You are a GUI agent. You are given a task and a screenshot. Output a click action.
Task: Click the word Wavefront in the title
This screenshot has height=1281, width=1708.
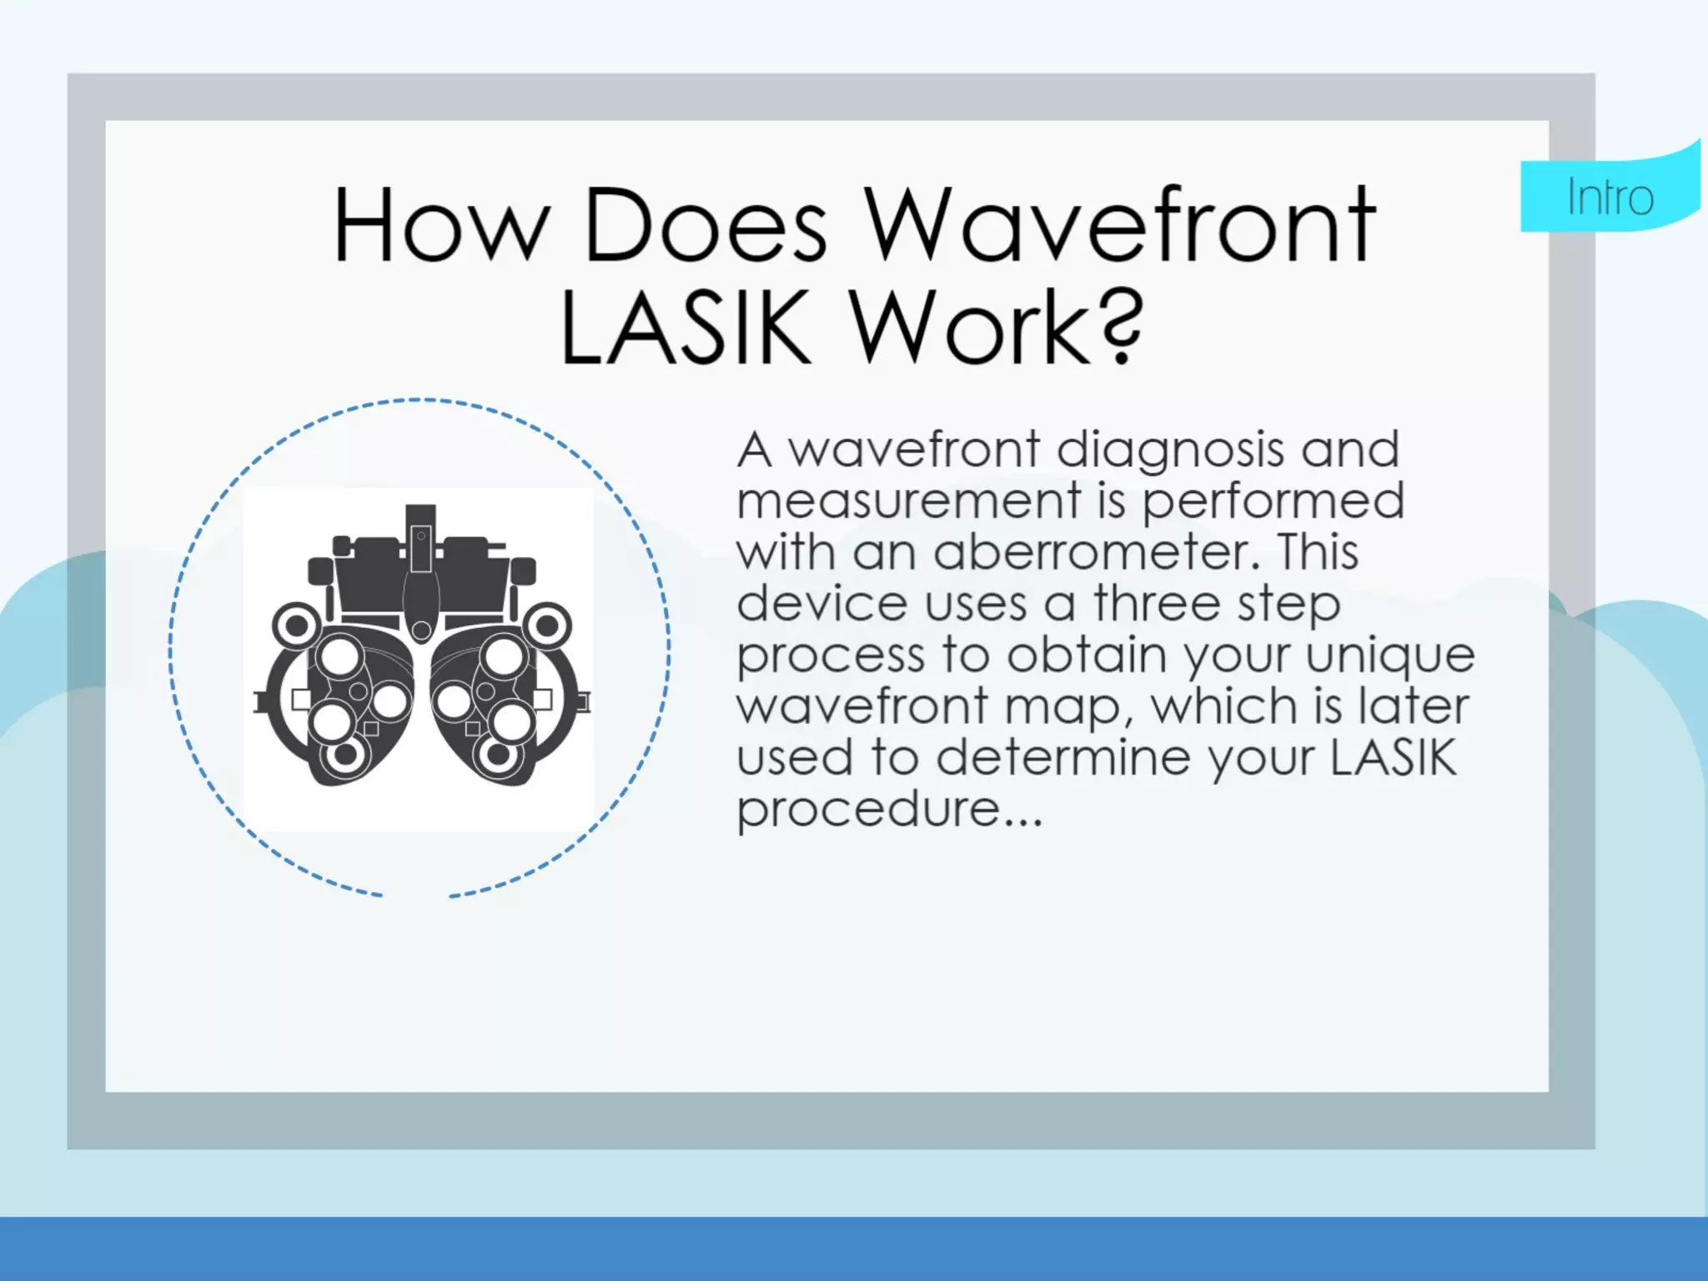pos(1119,225)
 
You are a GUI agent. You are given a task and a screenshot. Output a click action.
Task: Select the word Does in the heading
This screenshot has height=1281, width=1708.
pos(706,225)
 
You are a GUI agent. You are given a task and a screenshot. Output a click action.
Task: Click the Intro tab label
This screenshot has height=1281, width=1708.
pos(1610,198)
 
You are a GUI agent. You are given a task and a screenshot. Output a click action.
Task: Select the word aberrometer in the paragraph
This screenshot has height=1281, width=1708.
pos(1098,552)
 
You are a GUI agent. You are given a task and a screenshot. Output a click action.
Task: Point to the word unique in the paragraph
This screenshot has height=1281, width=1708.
pos(1390,656)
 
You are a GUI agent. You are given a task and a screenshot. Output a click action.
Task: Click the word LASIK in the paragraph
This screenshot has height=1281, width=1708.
pos(1393,757)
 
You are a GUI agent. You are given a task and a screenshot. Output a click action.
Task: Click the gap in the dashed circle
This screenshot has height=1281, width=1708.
pos(416,897)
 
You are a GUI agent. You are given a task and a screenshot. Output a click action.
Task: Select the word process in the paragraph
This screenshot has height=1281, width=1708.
pos(831,656)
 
